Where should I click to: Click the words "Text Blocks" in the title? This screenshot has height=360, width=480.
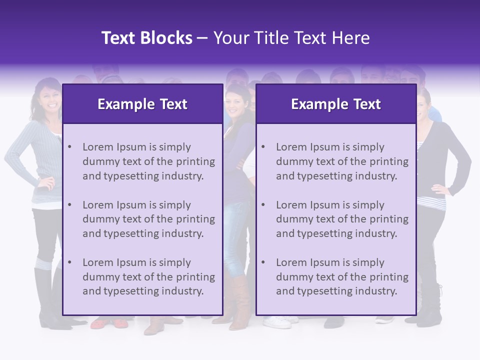pos(146,38)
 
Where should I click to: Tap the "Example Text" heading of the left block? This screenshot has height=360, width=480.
pos(142,104)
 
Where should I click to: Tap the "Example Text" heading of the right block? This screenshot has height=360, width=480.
pos(335,104)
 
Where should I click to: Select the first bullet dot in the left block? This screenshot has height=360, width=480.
pos(69,147)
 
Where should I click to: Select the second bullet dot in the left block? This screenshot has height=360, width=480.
pos(69,205)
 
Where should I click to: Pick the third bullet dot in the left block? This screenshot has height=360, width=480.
pos(69,262)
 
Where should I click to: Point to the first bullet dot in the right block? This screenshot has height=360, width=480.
pos(263,147)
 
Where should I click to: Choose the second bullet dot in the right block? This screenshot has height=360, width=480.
pos(263,205)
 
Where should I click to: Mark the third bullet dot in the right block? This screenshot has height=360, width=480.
pos(263,262)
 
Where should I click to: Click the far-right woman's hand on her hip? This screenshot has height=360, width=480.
pos(440,190)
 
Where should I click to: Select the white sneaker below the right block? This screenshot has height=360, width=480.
pos(277,322)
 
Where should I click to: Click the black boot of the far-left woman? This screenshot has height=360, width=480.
pos(45,300)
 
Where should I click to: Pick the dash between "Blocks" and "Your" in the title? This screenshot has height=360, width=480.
pos(202,38)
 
